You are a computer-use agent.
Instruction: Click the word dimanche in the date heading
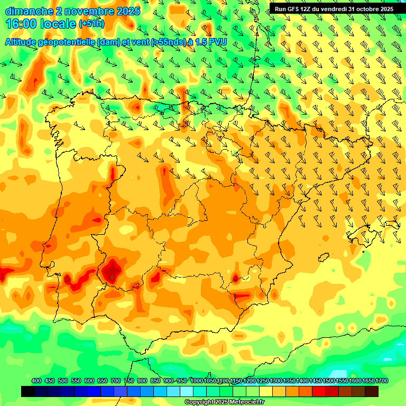coord(29,11)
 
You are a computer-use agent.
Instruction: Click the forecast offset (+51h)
coord(91,24)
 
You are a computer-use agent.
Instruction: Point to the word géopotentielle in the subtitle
coord(71,42)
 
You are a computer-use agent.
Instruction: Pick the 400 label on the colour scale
coord(36,381)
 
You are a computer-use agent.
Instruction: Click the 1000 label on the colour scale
coord(196,381)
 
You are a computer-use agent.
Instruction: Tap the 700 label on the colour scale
coord(116,381)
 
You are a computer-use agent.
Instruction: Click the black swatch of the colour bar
coord(28,391)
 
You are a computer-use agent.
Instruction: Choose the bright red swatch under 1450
coord(318,391)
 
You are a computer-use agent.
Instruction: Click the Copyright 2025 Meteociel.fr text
coord(224,402)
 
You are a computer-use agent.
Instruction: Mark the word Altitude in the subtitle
coord(23,42)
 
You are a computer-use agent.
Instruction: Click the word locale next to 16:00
coord(58,24)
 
